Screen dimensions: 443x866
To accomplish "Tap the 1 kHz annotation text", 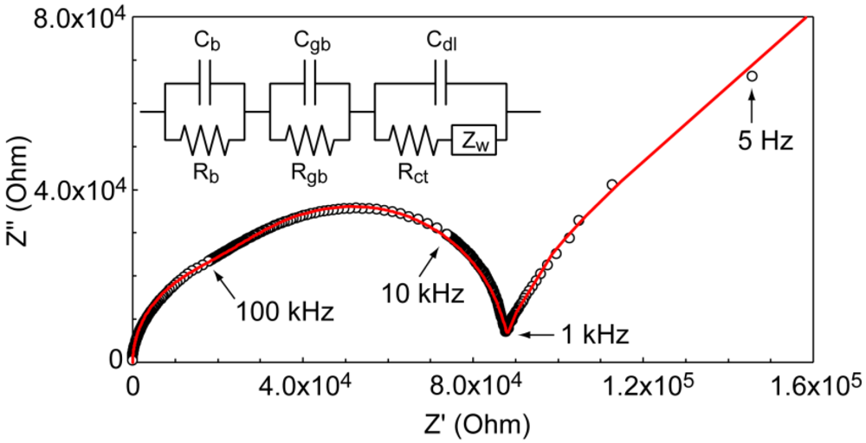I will [x=591, y=331].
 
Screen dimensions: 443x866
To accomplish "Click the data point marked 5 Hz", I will [x=752, y=76].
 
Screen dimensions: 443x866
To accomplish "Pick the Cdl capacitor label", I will [x=443, y=40].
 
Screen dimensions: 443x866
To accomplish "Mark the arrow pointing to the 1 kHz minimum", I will [x=540, y=331].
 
